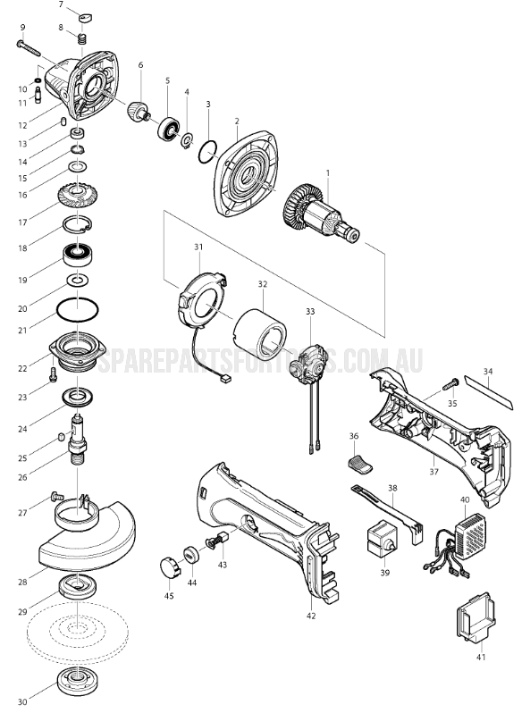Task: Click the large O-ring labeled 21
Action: [79, 311]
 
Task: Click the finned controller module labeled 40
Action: [471, 536]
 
